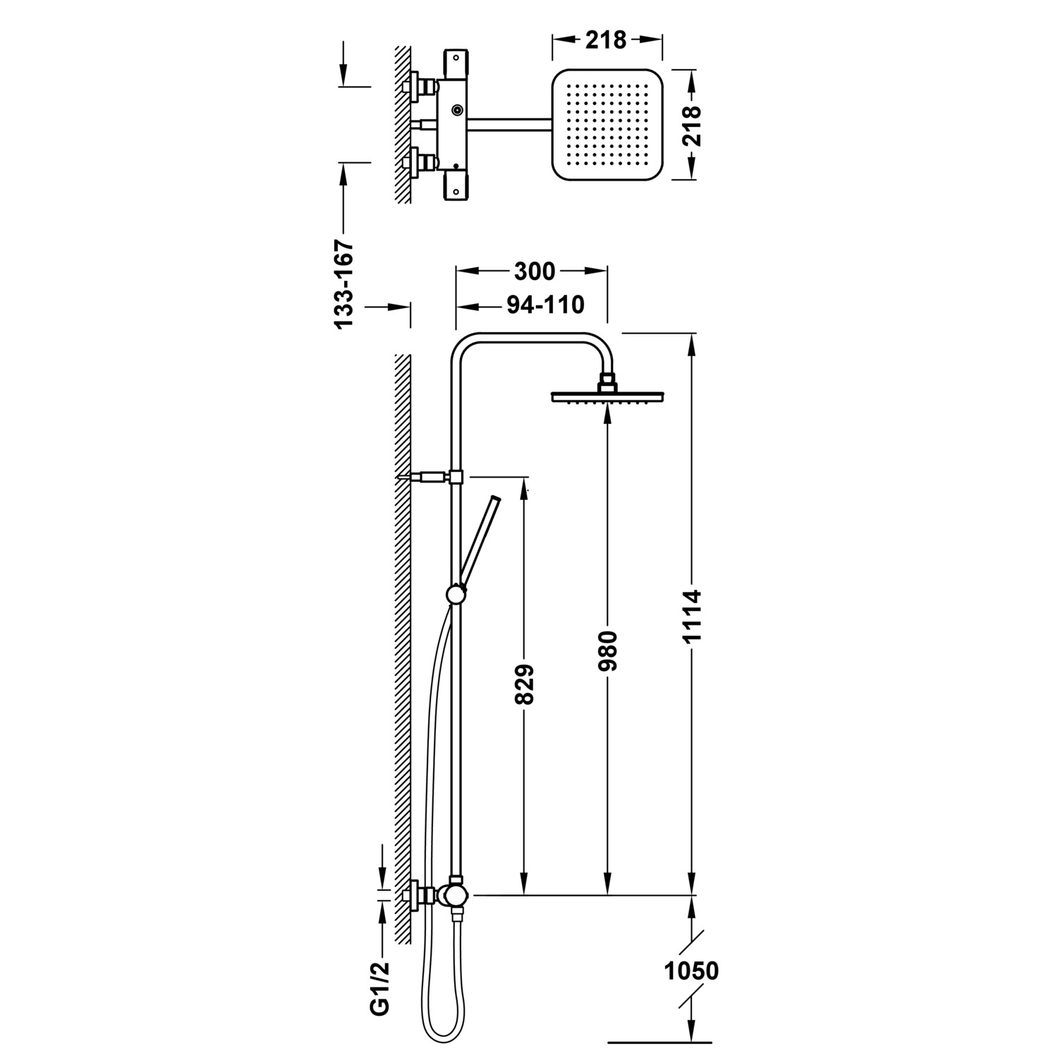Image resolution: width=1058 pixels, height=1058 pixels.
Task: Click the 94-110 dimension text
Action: point(545,305)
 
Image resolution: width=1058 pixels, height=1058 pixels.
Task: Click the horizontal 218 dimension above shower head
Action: point(606,40)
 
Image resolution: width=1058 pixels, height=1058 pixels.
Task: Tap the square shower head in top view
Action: point(606,123)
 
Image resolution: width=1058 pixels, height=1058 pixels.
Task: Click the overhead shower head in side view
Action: point(608,396)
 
